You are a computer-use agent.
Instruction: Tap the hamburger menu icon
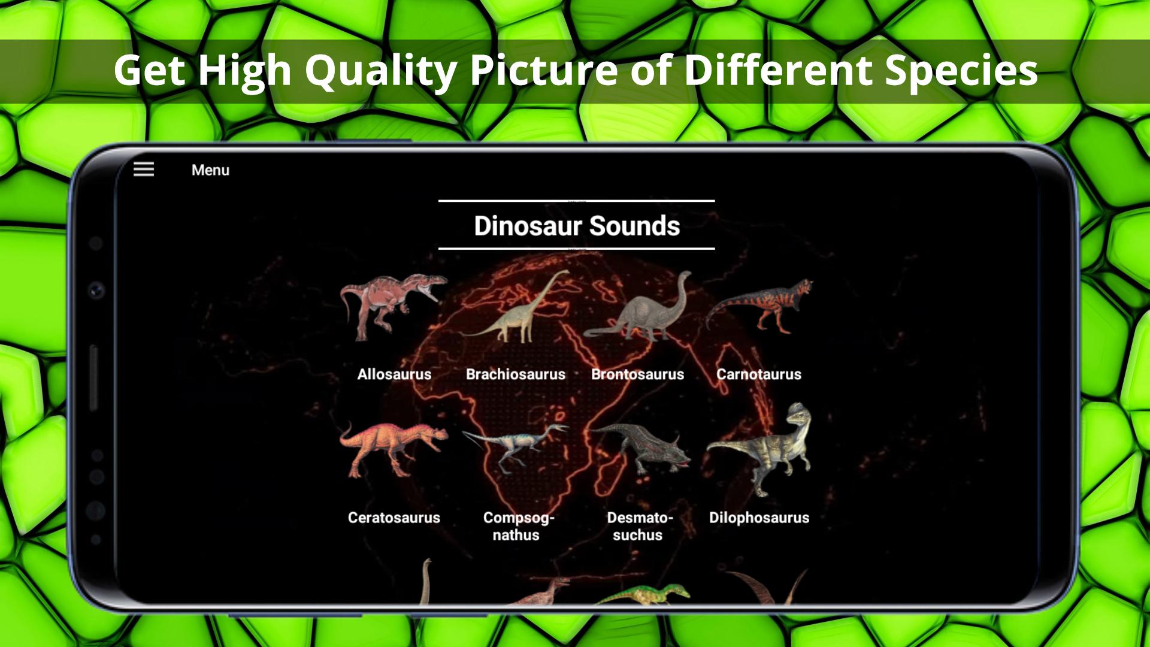click(x=144, y=169)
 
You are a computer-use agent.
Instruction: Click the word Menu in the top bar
click(x=210, y=170)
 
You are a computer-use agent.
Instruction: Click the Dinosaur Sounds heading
click(x=577, y=226)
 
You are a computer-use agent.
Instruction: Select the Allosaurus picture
click(x=394, y=307)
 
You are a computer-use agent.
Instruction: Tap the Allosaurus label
click(x=394, y=374)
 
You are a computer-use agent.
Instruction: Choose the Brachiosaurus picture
click(x=515, y=307)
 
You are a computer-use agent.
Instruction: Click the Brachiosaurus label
click(x=516, y=374)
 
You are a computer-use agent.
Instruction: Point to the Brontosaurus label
click(x=637, y=374)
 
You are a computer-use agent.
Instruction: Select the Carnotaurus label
click(x=759, y=374)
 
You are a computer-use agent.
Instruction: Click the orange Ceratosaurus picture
click(x=394, y=449)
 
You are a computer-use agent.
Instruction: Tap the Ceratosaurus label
click(x=394, y=518)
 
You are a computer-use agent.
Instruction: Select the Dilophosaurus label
click(x=759, y=518)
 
